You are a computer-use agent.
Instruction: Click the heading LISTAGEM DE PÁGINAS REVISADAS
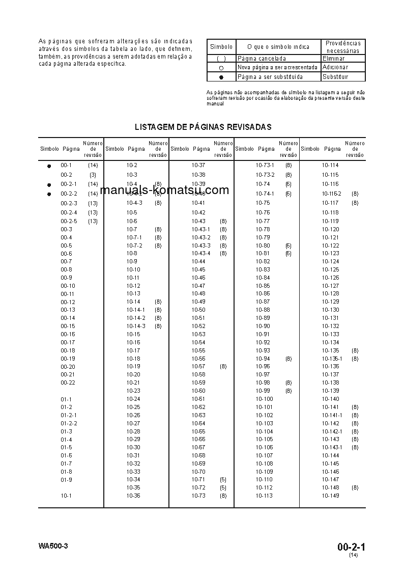[x=203, y=127]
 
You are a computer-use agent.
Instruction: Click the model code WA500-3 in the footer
[x=53, y=546]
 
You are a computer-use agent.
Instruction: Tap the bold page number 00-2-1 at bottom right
[x=351, y=547]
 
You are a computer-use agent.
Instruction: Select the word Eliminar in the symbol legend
[x=333, y=59]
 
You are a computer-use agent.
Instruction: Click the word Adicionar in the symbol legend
[x=335, y=67]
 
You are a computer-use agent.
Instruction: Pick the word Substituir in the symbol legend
[x=336, y=77]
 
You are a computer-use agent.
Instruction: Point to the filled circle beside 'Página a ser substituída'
[x=221, y=77]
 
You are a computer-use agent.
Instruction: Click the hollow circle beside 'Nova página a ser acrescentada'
[x=221, y=68]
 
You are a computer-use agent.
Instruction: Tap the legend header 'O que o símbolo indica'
[x=278, y=47]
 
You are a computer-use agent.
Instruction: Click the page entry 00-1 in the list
[x=66, y=166]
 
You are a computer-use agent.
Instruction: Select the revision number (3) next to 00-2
[x=93, y=175]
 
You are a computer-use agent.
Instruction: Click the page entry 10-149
[x=330, y=496]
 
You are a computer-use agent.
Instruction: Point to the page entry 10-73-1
[x=265, y=166]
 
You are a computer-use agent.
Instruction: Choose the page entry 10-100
[x=264, y=399]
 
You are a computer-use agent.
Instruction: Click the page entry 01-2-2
[x=69, y=423]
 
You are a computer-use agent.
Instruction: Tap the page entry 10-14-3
[x=136, y=326]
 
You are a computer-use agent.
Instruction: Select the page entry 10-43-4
[x=201, y=253]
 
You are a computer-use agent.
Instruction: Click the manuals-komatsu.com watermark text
[x=165, y=190]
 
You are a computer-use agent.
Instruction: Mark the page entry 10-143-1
[x=332, y=447]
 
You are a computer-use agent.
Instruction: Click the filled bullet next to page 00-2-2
[x=49, y=194]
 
